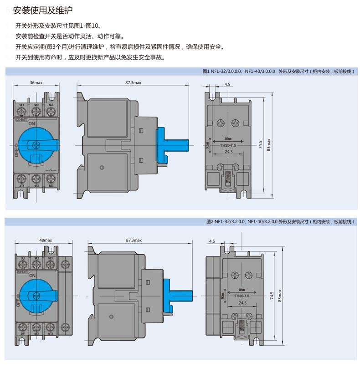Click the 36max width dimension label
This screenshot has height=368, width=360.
point(36,83)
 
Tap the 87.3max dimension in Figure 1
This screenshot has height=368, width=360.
point(133,83)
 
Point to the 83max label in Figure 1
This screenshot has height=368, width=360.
point(269,145)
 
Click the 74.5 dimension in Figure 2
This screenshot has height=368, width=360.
point(272,296)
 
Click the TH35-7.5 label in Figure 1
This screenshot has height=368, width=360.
point(226,146)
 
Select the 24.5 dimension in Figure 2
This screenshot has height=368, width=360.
point(242,303)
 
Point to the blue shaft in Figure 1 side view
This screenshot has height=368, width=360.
point(175,145)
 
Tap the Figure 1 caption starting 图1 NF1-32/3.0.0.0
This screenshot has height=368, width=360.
point(278,72)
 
